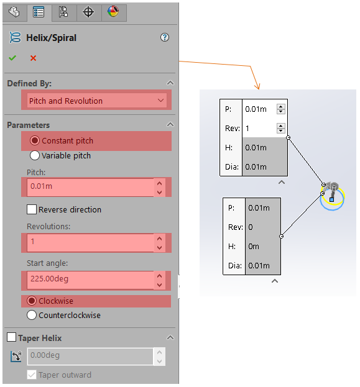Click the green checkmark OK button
(x=12, y=58)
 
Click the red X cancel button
(x=33, y=58)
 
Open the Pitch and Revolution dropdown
(x=96, y=101)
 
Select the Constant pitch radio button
(x=35, y=140)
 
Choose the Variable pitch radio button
(x=35, y=155)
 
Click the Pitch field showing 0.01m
(x=90, y=186)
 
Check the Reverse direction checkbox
(x=32, y=209)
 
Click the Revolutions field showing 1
(x=90, y=242)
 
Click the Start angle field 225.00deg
(x=90, y=280)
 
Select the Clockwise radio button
(x=32, y=301)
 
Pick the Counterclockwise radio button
(x=32, y=315)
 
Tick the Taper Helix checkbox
(x=11, y=337)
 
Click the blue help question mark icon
(x=165, y=37)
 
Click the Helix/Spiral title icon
(x=15, y=37)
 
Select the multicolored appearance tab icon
(x=113, y=11)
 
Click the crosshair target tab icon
(x=88, y=12)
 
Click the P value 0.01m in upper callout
(x=256, y=109)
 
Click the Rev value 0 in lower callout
(x=251, y=227)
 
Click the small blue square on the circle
(x=331, y=199)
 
